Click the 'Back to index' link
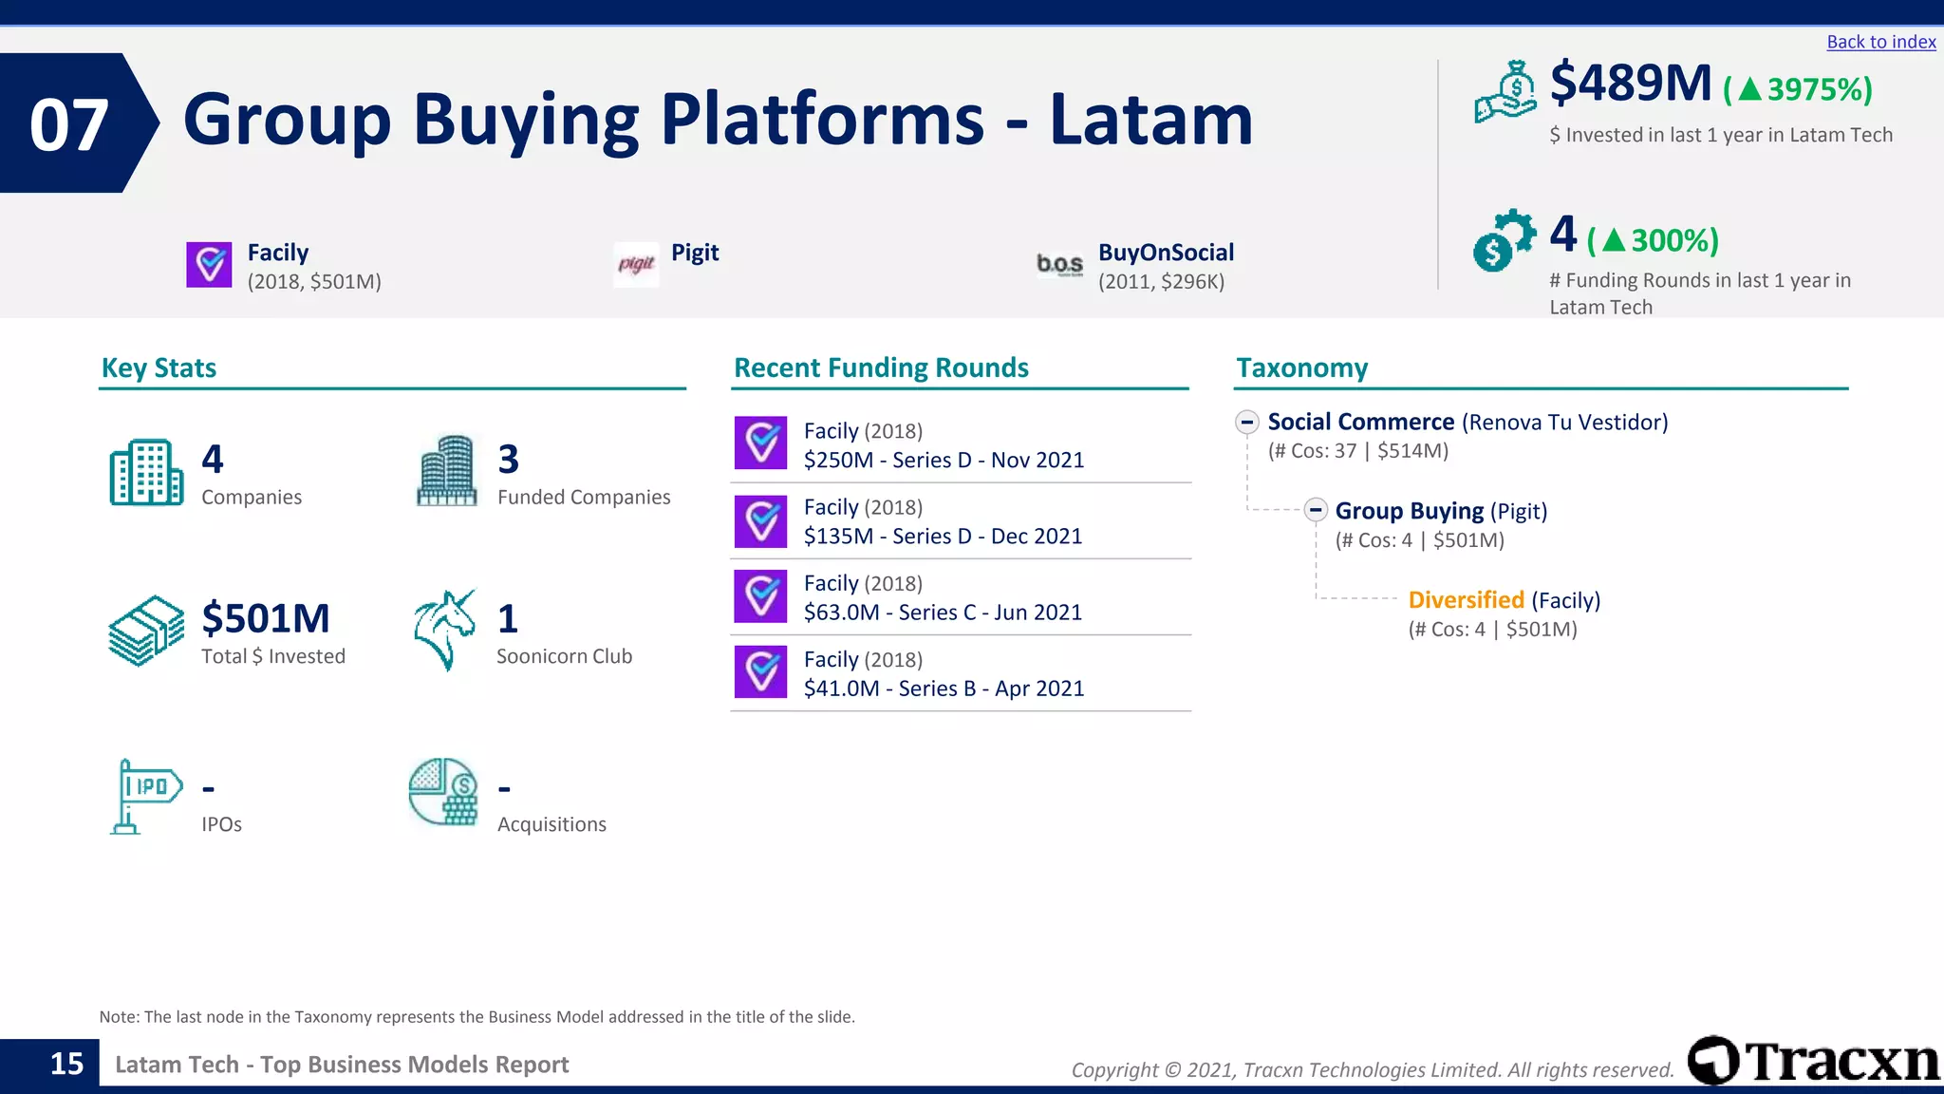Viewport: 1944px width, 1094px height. (x=1880, y=42)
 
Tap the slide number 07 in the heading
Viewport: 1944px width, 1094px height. (x=68, y=124)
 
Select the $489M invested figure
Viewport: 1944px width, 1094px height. (x=1630, y=84)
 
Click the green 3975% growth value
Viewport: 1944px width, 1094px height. (x=1798, y=90)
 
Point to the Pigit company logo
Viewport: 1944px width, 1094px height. (x=636, y=264)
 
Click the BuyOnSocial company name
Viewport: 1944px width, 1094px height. (x=1166, y=253)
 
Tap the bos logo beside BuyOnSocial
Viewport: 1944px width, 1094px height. (x=1059, y=264)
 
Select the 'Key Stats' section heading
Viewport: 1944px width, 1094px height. (x=159, y=368)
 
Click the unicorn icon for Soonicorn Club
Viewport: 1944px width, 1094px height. (x=444, y=630)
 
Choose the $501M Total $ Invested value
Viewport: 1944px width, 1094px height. (x=266, y=618)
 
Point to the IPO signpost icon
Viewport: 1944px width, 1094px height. (x=145, y=796)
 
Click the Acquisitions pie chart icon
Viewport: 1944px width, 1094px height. (x=443, y=792)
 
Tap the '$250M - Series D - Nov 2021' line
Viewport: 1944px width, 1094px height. (x=944, y=461)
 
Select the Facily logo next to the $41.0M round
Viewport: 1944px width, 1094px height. (x=760, y=671)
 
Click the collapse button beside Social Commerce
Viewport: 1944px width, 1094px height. (x=1247, y=422)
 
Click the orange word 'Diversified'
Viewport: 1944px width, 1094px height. (x=1466, y=600)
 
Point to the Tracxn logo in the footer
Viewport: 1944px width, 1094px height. (x=1813, y=1061)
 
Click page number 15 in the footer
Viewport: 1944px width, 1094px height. (x=66, y=1064)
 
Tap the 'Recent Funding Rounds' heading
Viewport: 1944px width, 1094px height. (x=881, y=368)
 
